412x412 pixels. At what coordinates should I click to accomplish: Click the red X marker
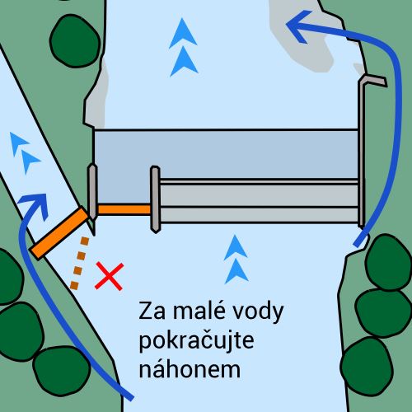(x=110, y=276)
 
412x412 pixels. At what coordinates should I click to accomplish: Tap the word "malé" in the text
(x=195, y=311)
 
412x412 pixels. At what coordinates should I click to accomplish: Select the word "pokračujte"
(x=196, y=341)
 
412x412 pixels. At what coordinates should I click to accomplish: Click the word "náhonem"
(x=190, y=369)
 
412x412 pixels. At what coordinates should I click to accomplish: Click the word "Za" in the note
(x=152, y=311)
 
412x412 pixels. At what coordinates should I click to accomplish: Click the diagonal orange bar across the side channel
(x=59, y=233)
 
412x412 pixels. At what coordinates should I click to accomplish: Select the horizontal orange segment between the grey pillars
(x=124, y=209)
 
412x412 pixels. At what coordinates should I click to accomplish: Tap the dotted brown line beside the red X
(x=80, y=263)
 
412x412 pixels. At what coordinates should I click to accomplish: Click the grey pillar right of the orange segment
(x=155, y=199)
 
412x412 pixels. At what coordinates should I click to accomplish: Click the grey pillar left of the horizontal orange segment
(x=92, y=192)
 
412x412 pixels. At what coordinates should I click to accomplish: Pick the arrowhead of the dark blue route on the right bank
(x=299, y=26)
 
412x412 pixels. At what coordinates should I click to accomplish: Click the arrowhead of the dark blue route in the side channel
(x=35, y=204)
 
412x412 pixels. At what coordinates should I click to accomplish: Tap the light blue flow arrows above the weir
(x=183, y=47)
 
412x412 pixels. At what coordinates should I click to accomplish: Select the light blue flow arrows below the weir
(x=236, y=260)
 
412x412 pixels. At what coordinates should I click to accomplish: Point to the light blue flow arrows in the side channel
(x=24, y=152)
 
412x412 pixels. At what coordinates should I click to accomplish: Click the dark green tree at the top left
(x=75, y=40)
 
